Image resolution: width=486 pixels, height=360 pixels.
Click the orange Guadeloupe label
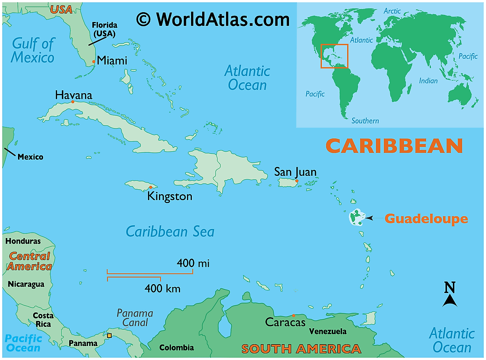point(426,219)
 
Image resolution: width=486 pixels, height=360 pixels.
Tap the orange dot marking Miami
point(94,62)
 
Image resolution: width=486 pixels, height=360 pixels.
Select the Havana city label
point(74,95)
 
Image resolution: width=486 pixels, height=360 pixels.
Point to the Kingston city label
point(170,196)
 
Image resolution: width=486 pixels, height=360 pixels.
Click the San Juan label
point(295,172)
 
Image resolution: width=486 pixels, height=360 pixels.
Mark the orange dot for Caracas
point(293,315)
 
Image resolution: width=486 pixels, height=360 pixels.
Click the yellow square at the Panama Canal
point(109,335)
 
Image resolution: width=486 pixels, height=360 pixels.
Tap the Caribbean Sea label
point(170,231)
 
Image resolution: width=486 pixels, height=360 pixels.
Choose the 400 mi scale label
point(193,263)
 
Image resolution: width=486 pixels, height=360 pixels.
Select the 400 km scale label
point(162,288)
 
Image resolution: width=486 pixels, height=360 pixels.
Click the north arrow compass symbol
point(450,295)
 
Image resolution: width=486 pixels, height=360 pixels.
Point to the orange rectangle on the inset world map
point(334,56)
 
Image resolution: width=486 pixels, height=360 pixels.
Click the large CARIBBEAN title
point(394,146)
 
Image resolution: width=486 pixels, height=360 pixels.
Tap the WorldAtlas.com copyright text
point(213,19)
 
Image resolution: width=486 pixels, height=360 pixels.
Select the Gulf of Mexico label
point(33,50)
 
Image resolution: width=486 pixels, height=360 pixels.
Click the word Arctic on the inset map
point(392,11)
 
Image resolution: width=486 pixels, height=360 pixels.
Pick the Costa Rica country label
point(43,320)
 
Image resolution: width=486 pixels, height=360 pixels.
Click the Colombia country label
point(176,347)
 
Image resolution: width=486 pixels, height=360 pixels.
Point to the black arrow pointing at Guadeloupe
point(369,218)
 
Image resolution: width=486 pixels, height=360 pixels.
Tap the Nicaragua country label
point(26,284)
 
